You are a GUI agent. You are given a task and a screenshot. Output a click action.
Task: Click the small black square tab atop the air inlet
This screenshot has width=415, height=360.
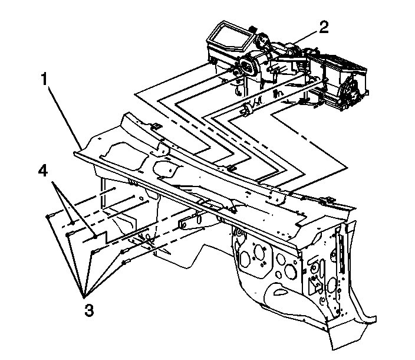[252, 27]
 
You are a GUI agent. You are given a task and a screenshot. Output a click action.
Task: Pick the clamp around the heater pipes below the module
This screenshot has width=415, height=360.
[248, 110]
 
